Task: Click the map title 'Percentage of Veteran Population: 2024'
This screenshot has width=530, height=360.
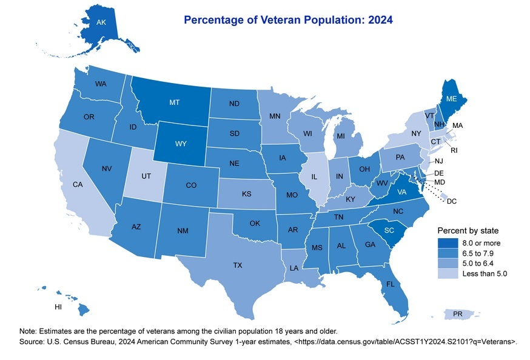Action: click(x=288, y=19)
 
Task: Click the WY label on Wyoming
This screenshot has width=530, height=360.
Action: click(x=181, y=145)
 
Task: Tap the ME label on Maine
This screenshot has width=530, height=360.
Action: click(x=452, y=98)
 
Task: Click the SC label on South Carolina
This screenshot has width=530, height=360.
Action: click(x=389, y=230)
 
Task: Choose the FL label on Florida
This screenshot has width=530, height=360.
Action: click(x=392, y=284)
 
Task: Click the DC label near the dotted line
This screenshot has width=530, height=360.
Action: click(x=452, y=201)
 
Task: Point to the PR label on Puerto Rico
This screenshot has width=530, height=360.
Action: click(x=458, y=314)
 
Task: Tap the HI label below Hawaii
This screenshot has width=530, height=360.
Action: click(x=58, y=307)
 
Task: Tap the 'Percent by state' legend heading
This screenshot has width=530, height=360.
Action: click(x=469, y=231)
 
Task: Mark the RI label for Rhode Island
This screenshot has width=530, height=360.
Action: click(x=454, y=150)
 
